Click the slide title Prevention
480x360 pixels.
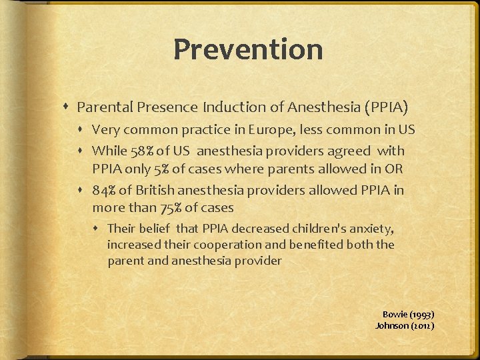(248, 49)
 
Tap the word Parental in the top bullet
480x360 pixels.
(101, 107)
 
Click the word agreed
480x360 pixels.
(369, 151)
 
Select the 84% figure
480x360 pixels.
(104, 190)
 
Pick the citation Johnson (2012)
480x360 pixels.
(405, 325)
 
